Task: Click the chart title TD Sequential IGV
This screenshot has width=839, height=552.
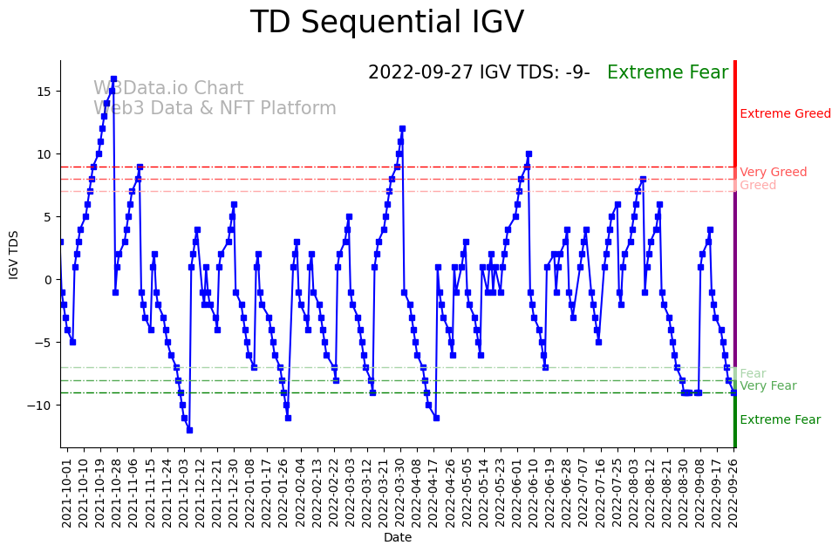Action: click(387, 23)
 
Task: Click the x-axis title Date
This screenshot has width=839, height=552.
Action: click(398, 538)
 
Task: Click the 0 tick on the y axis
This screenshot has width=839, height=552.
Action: click(49, 280)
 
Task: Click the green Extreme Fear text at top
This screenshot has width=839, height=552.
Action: click(667, 73)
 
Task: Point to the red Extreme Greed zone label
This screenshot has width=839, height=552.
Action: click(785, 114)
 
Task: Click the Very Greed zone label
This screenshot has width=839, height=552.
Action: click(773, 173)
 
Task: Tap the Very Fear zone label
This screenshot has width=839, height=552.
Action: click(767, 386)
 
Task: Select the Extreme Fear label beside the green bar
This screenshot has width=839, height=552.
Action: click(780, 420)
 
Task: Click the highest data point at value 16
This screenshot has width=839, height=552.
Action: click(113, 79)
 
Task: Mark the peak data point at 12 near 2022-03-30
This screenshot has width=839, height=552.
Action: click(402, 129)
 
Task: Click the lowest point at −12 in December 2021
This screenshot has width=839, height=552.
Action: click(189, 430)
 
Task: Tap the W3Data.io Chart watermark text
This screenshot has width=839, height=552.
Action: click(168, 89)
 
